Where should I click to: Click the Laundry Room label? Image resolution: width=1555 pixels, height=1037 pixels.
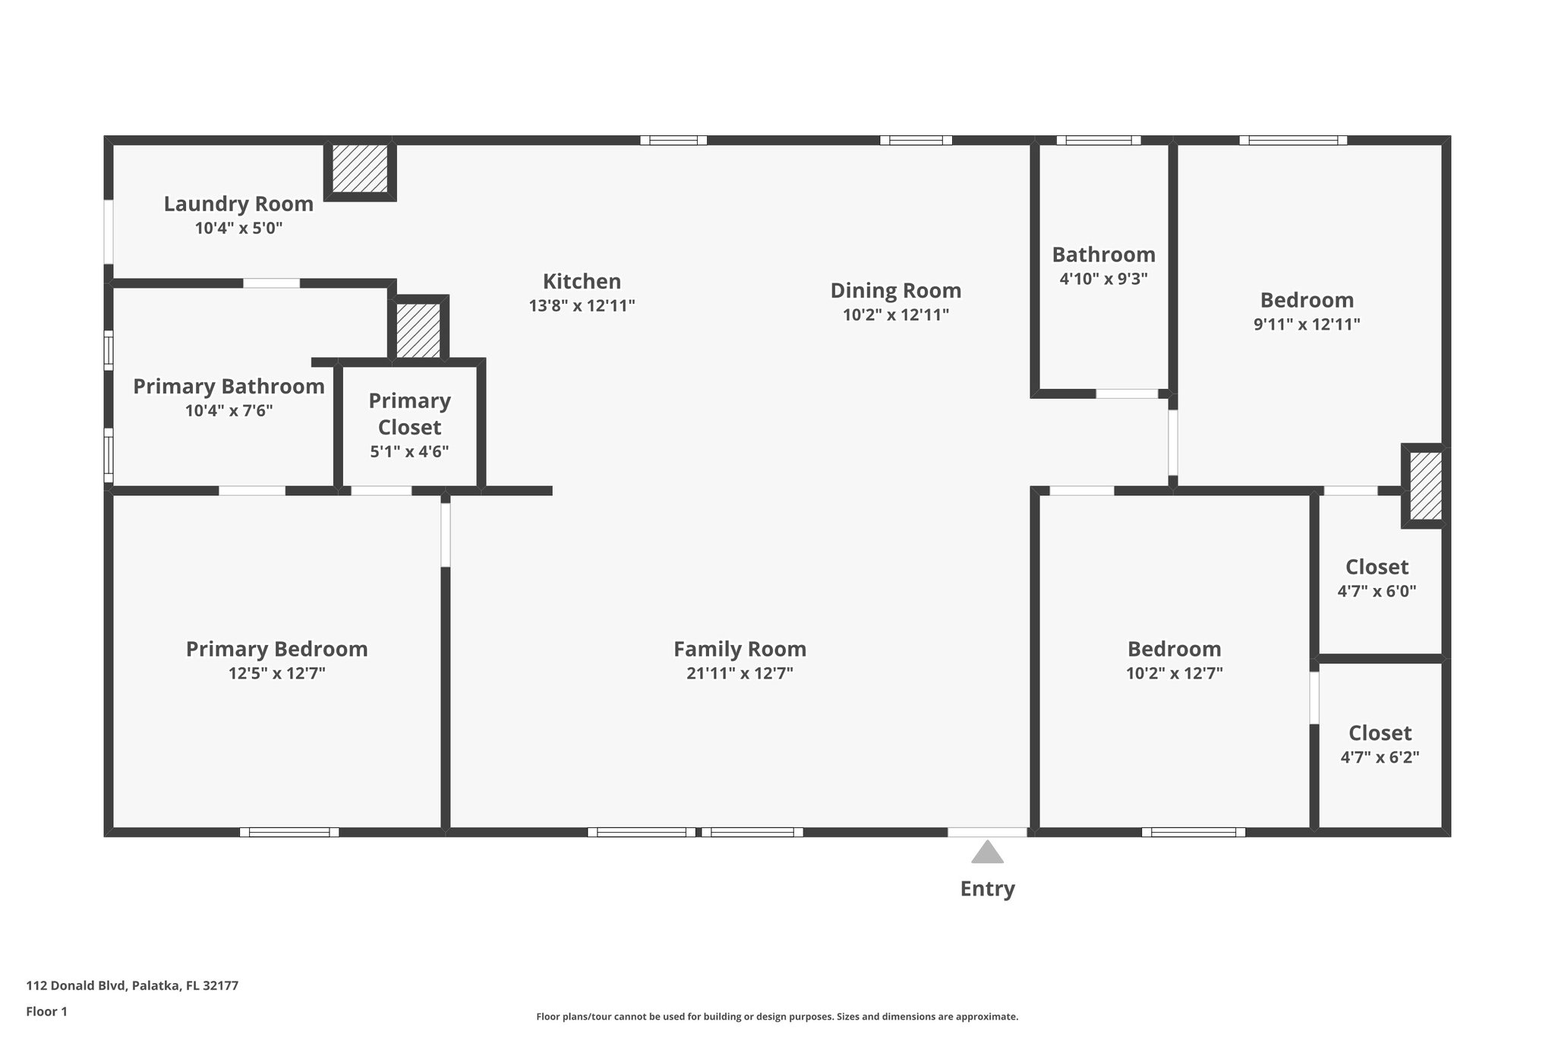(238, 204)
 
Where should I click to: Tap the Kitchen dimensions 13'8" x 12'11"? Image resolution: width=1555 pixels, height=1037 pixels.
(582, 306)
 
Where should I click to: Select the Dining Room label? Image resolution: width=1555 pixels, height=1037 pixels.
(895, 291)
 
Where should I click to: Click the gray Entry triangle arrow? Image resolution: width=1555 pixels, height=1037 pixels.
(987, 853)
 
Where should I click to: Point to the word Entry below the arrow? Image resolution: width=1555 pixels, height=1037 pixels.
(987, 889)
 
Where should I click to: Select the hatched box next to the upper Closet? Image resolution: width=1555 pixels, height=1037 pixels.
(1425, 485)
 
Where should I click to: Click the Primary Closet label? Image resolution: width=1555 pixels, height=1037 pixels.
(409, 414)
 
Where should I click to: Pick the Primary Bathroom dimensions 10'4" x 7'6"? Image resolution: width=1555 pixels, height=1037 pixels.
(229, 411)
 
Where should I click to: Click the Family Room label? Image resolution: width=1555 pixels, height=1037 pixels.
(740, 650)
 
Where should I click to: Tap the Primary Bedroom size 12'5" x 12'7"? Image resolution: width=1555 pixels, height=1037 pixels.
(276, 673)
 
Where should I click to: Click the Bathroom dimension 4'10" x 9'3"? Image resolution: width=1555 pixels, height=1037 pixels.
(1103, 279)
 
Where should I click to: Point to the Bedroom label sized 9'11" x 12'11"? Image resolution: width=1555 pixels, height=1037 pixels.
(1306, 300)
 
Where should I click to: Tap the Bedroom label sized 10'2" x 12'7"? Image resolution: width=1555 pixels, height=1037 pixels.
(1174, 650)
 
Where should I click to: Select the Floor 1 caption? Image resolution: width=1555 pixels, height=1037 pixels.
(46, 1011)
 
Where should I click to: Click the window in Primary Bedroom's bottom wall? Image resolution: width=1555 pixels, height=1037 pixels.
(289, 832)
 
